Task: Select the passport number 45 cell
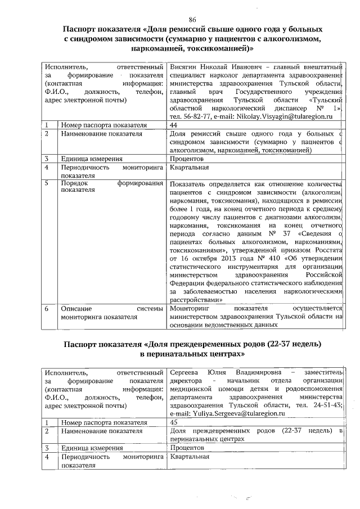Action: pyautogui.click(x=174, y=422)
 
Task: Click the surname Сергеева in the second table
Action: pyautogui.click(x=186, y=372)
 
